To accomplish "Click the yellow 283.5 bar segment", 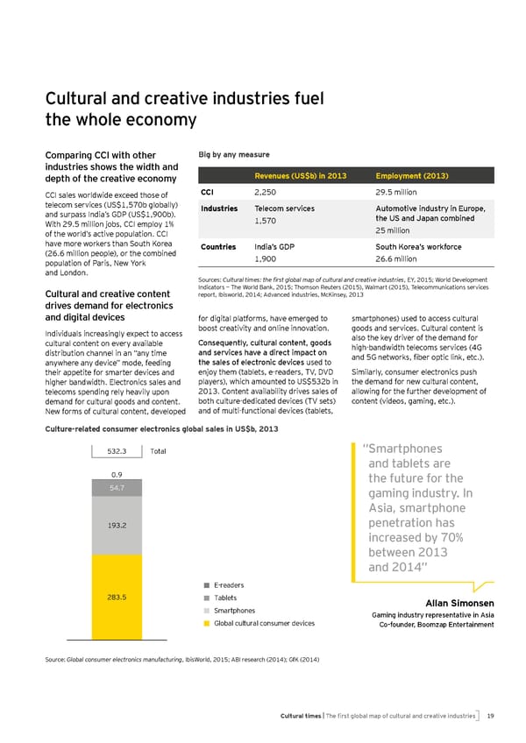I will [117, 598].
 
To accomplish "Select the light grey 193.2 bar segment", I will [117, 525].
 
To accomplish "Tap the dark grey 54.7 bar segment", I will [117, 487].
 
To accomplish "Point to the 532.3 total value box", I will [117, 451].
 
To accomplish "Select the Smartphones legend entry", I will [234, 611].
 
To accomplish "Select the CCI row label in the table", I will [208, 192].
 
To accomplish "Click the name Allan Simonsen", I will [459, 603].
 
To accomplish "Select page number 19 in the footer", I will [492, 716].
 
